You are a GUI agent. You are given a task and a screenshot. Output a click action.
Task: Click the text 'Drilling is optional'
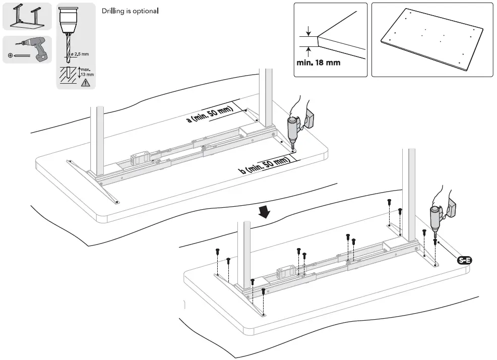(x=131, y=11)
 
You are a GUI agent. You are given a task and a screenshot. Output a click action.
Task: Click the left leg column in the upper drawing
(x=97, y=139)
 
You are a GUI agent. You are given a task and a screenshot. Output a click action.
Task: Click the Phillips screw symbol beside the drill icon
(x=11, y=55)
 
